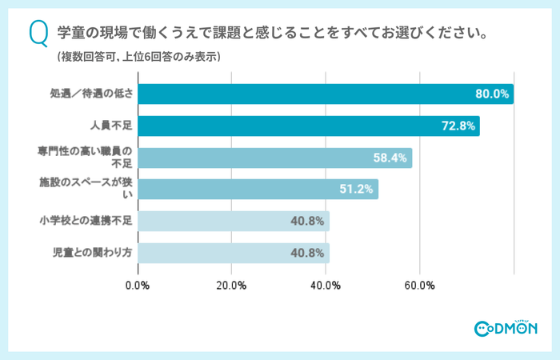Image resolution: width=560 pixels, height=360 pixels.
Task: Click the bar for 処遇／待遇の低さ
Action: (326, 94)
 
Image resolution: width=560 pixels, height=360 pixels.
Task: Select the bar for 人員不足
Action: (309, 126)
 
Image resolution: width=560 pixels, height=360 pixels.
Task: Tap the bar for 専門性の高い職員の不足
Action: (275, 158)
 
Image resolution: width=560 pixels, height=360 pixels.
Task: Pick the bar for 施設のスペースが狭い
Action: (258, 189)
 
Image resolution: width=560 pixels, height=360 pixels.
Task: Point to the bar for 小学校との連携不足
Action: (234, 221)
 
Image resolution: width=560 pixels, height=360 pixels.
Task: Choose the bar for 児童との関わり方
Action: (234, 253)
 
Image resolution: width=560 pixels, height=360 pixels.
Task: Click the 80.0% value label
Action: (492, 94)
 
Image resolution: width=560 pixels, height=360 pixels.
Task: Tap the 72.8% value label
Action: (458, 126)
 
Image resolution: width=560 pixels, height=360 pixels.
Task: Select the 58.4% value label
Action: (390, 158)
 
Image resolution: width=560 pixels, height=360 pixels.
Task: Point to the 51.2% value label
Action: (357, 189)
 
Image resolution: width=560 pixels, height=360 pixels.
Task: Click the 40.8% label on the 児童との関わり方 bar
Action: (307, 253)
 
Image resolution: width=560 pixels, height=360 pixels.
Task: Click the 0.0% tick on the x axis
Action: (138, 285)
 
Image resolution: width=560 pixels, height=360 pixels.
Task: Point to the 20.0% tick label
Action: (232, 285)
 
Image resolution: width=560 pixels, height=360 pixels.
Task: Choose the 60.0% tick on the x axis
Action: (419, 285)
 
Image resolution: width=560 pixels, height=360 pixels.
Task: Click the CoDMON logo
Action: (506, 327)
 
